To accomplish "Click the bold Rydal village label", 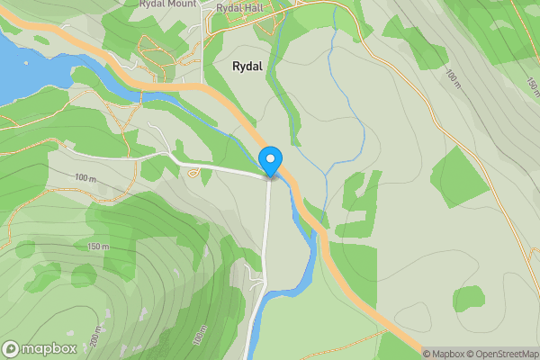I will coord(247,67).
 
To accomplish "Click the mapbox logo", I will coord(40,348).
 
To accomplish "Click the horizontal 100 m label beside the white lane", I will coord(85,177).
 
